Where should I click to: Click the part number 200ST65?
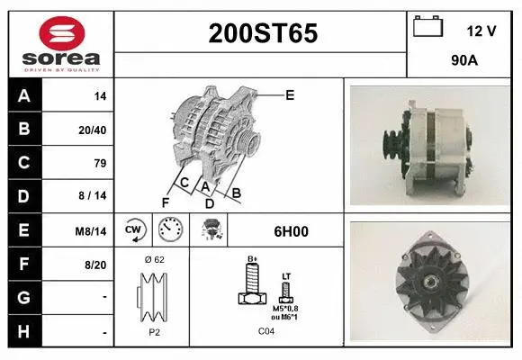click(x=263, y=33)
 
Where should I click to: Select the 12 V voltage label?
click(x=481, y=31)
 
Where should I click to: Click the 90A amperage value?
click(x=464, y=63)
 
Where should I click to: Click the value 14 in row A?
click(x=100, y=95)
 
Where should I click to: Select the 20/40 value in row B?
click(x=94, y=130)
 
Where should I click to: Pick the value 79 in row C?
click(x=100, y=163)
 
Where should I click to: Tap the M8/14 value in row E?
click(x=92, y=231)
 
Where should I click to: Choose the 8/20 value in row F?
click(x=95, y=265)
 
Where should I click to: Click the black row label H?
click(x=23, y=331)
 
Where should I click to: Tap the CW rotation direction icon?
click(x=134, y=230)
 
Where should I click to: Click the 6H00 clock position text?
click(x=290, y=231)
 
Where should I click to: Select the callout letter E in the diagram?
click(x=290, y=94)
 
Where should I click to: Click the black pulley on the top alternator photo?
click(x=392, y=144)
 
